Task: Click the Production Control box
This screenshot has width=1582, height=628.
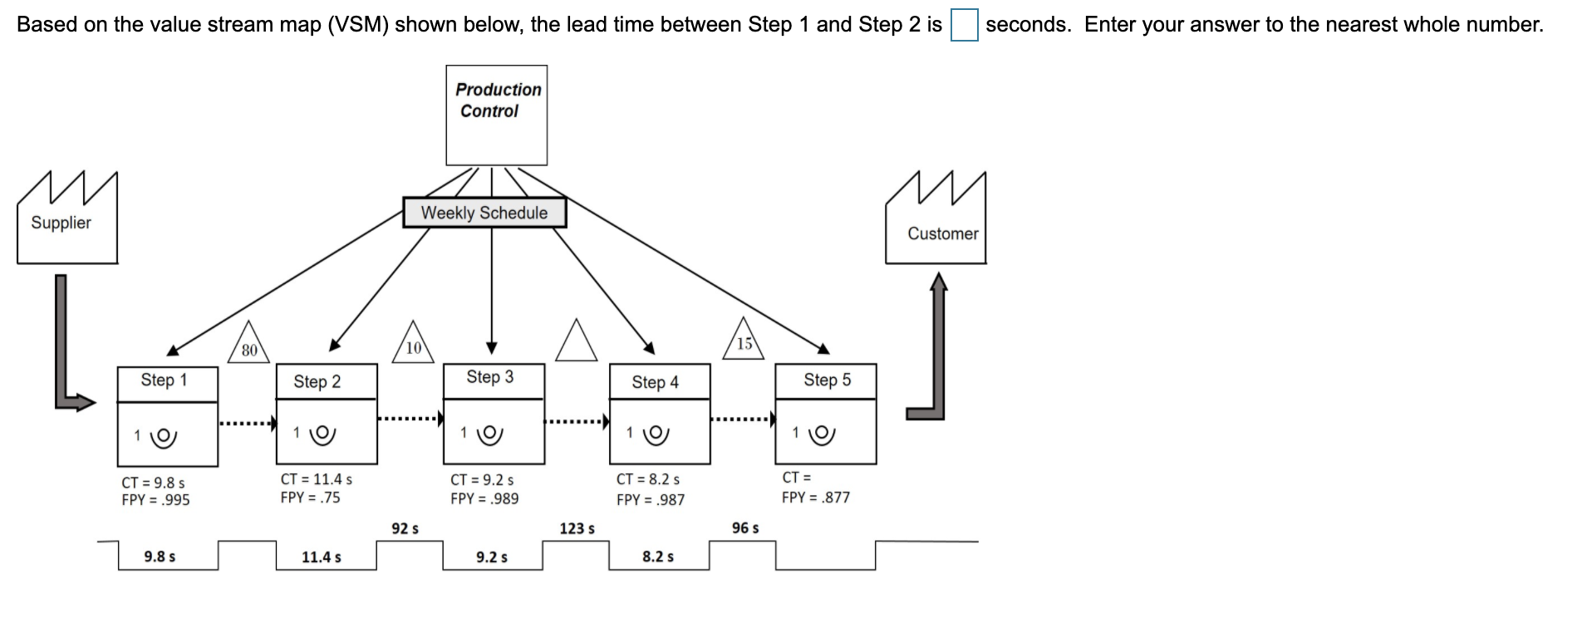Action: pos(496,115)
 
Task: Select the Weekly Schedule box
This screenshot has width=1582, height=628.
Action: pos(484,213)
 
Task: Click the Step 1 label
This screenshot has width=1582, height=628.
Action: pos(165,380)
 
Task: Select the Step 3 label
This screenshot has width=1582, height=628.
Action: pos(490,377)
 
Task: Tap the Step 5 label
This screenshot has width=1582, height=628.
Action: pos(827,380)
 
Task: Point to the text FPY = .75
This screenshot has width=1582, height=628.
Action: pos(310,498)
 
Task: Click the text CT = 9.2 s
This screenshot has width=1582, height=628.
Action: pos(482,480)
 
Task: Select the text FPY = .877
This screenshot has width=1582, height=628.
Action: pos(815,498)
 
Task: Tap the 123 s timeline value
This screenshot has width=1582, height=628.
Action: pos(577,528)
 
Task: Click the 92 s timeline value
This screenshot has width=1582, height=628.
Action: pos(405,528)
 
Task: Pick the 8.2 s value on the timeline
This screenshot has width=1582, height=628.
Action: pos(658,557)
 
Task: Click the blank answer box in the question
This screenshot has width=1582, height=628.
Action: pos(964,25)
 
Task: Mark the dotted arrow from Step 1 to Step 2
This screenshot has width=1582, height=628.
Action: pos(247,424)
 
